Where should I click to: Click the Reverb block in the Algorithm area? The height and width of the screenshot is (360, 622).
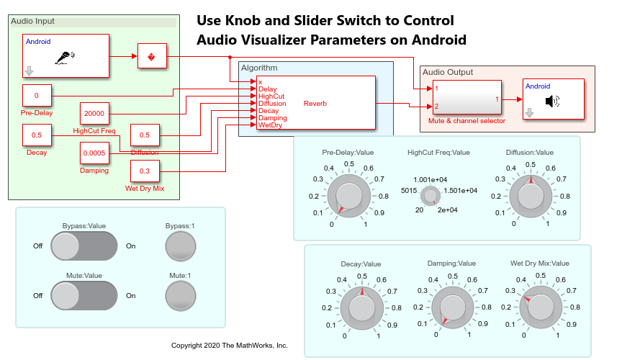tap(314, 104)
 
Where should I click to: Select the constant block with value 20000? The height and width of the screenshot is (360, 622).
tap(94, 114)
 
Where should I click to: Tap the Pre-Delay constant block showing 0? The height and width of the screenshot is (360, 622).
tap(37, 96)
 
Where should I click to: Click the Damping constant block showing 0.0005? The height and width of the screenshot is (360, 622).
tap(94, 153)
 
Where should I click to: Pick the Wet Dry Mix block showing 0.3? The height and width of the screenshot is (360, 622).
tap(145, 171)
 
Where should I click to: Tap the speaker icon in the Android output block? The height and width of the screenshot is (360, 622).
tap(552, 100)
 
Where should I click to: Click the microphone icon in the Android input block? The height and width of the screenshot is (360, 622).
tap(66, 56)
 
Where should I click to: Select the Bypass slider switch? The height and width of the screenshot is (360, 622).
tap(84, 246)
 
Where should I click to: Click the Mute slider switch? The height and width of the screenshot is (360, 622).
tap(84, 295)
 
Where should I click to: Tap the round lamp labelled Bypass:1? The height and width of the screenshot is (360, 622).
tap(180, 246)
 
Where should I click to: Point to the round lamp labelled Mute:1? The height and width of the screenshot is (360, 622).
tap(180, 295)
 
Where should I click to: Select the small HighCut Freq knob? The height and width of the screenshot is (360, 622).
tap(431, 195)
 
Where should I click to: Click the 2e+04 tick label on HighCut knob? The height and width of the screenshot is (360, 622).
tap(448, 210)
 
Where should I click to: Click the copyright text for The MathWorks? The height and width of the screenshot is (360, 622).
tap(229, 346)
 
